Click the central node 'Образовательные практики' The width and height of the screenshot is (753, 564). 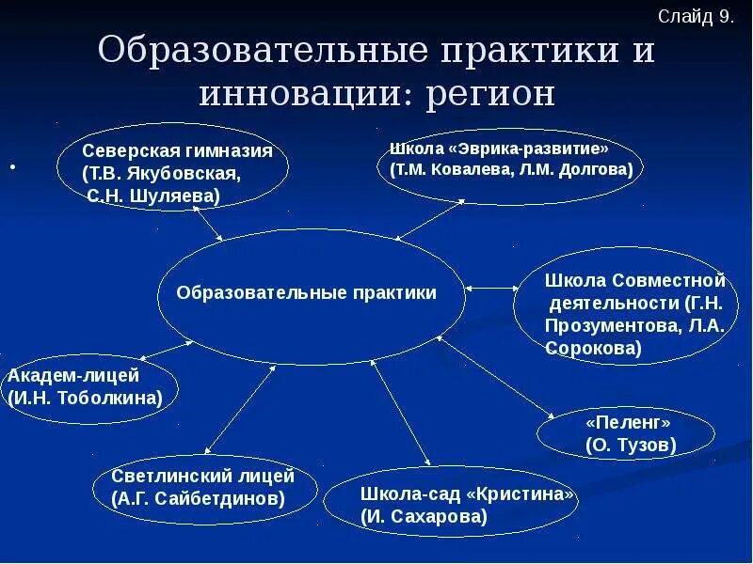[x=307, y=293]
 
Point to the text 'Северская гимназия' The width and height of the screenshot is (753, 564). [x=177, y=151]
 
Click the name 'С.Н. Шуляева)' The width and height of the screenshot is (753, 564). [x=153, y=196]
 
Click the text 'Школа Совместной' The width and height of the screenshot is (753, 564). [x=635, y=281]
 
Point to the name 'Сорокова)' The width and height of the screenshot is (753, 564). [x=593, y=347]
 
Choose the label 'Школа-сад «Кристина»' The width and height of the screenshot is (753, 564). [x=467, y=494]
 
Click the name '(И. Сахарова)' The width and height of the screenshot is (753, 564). [x=424, y=516]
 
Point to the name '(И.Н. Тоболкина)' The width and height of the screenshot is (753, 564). [x=85, y=397]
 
